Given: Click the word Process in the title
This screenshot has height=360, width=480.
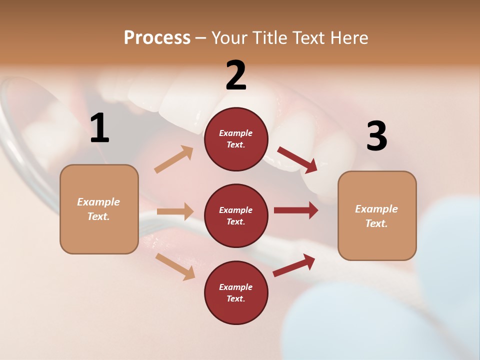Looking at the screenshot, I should [157, 38].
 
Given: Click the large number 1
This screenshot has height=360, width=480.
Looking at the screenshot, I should [99, 128].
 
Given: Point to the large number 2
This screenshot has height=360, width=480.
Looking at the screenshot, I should [236, 75].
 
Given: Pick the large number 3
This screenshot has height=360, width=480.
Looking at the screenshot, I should [376, 136].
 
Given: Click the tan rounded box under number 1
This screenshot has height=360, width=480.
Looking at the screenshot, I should [99, 209].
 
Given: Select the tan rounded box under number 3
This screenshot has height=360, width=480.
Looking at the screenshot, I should [377, 216].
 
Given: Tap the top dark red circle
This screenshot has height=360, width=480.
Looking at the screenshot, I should [236, 139].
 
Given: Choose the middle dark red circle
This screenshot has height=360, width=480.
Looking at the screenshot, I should [236, 216].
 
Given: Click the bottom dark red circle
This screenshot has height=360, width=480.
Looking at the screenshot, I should [236, 293].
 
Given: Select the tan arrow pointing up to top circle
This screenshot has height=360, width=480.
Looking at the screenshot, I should [174, 159].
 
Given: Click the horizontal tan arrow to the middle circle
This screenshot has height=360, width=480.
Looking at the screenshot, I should [175, 211].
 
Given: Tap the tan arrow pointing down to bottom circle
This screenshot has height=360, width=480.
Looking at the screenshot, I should [175, 266].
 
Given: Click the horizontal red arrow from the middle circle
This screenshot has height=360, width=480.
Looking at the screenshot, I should [296, 210].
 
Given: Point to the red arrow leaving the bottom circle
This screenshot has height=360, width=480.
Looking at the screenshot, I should [294, 265].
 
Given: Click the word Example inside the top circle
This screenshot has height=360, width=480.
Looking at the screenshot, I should [236, 133].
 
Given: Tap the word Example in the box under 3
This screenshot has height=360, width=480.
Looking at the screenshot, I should [376, 209].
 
